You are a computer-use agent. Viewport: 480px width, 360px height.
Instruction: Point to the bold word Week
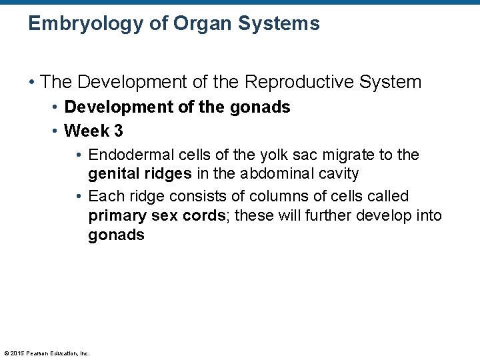86,131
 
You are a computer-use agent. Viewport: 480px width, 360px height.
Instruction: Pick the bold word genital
114,174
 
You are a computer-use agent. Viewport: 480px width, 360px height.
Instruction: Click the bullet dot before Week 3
56,131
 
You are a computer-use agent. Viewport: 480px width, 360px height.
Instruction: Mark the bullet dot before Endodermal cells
79,155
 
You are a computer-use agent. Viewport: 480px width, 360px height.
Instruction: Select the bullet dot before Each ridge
79,197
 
